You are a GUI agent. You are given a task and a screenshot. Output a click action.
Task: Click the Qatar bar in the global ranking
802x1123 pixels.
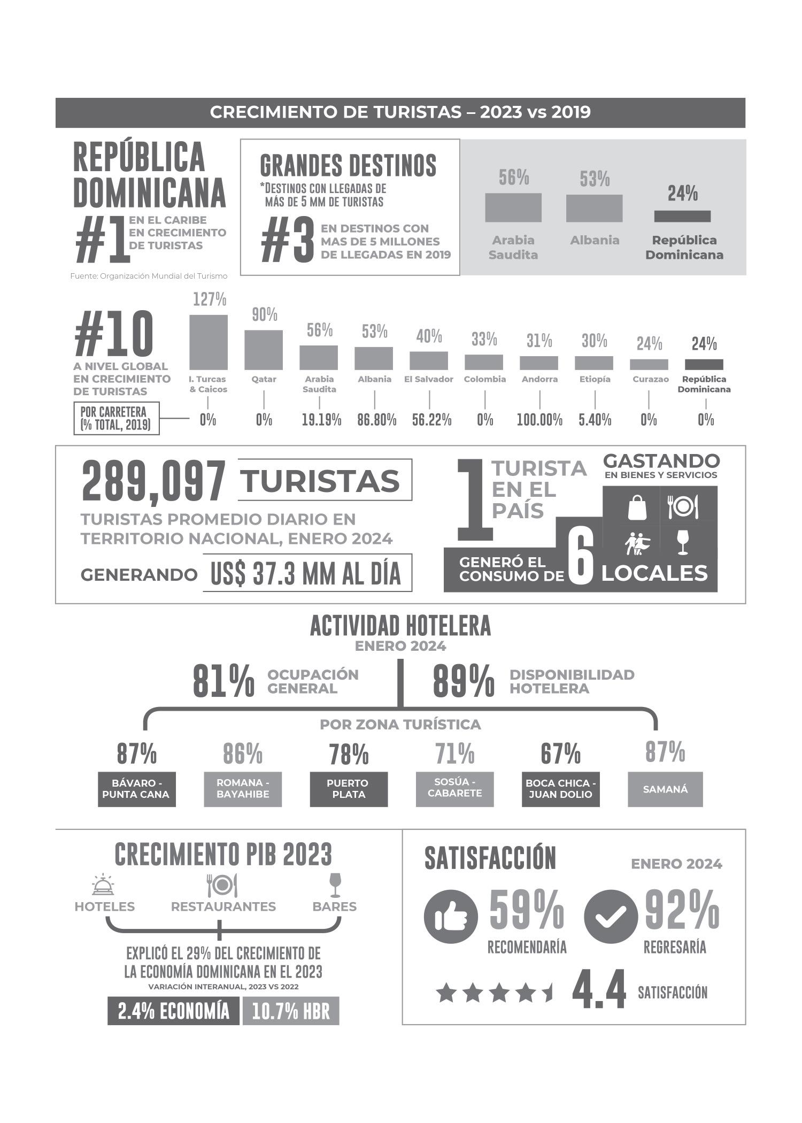[264, 350]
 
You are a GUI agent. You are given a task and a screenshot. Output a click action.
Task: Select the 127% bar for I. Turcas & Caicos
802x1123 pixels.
[209, 342]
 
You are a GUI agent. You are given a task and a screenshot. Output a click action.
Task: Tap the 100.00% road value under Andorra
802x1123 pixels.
[539, 420]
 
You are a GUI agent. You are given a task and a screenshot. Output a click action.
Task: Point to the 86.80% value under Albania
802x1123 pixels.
[376, 420]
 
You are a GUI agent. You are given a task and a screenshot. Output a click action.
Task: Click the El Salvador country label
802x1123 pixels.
[429, 379]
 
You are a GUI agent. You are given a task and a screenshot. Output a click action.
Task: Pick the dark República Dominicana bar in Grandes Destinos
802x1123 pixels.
[682, 216]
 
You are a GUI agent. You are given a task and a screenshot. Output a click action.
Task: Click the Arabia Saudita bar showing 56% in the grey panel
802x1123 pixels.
[513, 207]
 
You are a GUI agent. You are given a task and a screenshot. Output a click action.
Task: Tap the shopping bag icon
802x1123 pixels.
[637, 507]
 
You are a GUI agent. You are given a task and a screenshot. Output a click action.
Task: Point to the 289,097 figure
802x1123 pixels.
[154, 481]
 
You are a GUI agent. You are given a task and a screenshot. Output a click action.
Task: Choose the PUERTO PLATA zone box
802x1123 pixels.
[349, 789]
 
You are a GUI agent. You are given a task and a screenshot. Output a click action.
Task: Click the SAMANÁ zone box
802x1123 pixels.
[665, 789]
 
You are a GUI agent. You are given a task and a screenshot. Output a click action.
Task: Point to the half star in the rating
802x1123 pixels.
[547, 993]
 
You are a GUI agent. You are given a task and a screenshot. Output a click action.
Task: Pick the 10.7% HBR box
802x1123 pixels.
[291, 1011]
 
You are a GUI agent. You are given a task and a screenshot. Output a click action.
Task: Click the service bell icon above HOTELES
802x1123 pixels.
[103, 885]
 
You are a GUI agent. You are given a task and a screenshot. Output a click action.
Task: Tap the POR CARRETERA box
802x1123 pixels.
[117, 418]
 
